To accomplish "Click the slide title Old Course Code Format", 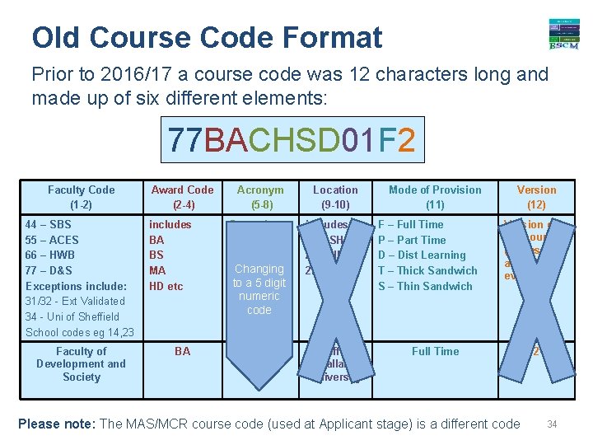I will [x=207, y=37].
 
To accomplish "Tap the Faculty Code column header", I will [x=81, y=196].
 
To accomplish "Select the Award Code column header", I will [x=182, y=196].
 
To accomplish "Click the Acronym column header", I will [x=259, y=196].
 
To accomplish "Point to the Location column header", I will [x=335, y=196].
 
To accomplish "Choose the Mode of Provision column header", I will [x=435, y=196].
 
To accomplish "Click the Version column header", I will [x=536, y=196].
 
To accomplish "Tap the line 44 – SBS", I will [x=49, y=224].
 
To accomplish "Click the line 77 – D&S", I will [x=49, y=270].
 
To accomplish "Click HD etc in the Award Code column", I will [x=166, y=286].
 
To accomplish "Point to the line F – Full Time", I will [x=410, y=224].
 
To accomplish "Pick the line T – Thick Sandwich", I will [x=427, y=270].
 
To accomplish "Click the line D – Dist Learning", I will [x=421, y=255].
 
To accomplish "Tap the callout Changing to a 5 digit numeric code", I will [x=259, y=288].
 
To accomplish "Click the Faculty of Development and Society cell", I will [x=81, y=363].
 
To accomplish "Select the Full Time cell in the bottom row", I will [x=435, y=351].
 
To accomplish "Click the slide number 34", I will [x=552, y=424].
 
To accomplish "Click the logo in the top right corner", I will [x=563, y=34].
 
